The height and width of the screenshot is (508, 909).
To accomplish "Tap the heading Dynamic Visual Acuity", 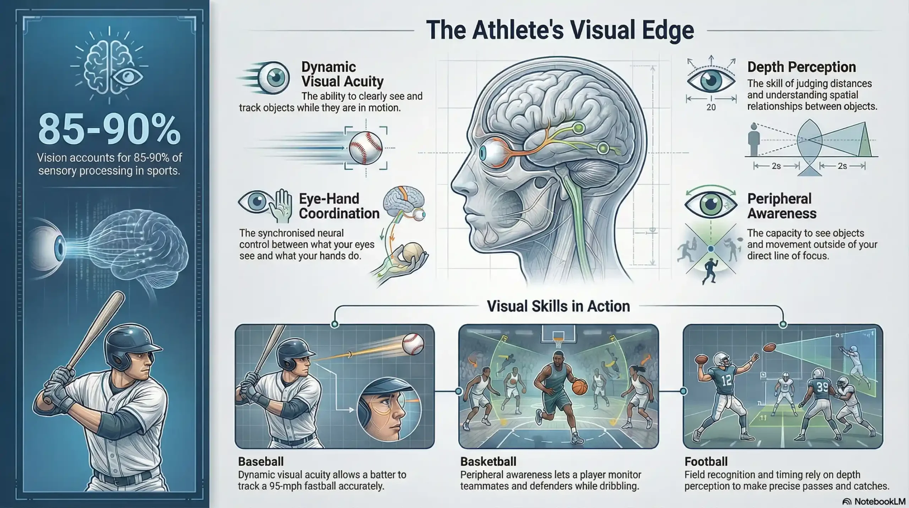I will (x=342, y=74).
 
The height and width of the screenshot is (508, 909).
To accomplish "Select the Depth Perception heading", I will (x=801, y=67).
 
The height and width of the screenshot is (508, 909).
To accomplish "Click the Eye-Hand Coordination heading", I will (x=339, y=206).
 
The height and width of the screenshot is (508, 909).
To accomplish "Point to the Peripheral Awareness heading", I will (x=782, y=206).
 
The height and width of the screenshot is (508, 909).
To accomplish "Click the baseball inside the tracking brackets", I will (x=365, y=148).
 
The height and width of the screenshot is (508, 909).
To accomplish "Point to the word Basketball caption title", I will (x=488, y=461).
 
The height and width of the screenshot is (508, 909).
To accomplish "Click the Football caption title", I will (x=706, y=461).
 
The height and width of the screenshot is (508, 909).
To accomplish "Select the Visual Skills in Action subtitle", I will (x=558, y=306).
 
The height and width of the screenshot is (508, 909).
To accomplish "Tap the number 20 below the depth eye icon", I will (x=711, y=107).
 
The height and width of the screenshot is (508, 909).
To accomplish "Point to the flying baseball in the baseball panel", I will (x=413, y=344).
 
